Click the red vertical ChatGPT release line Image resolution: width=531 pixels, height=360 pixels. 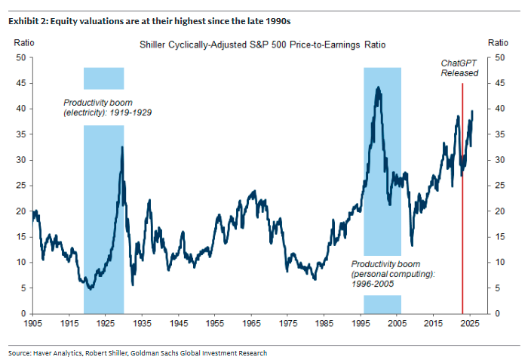tap(462, 226)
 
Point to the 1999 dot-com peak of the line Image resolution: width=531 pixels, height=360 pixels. tap(377, 88)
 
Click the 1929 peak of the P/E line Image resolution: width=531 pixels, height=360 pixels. tap(122, 147)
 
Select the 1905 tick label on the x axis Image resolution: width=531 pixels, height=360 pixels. tap(34, 323)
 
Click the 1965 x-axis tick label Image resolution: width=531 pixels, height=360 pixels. tap(252, 323)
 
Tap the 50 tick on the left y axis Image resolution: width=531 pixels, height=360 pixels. tap(21, 57)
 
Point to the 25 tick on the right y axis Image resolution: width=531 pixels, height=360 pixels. tap(499, 186)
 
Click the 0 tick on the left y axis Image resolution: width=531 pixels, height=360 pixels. tap(23, 313)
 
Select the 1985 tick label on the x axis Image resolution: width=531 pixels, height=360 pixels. tap(324, 323)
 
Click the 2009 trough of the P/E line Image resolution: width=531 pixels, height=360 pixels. tap(412, 245)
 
